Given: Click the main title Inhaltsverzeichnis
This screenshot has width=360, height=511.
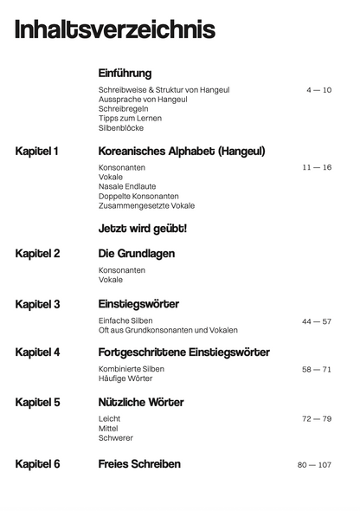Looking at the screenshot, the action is point(115,32).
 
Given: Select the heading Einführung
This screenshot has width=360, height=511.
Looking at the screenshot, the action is point(125,74).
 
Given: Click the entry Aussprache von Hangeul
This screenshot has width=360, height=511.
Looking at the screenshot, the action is point(143,100).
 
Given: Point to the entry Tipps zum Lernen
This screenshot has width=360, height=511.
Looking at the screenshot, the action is point(130,119).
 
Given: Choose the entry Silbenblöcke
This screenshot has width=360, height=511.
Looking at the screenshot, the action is point(121,128).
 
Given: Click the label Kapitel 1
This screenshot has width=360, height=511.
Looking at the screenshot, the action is point(37,152).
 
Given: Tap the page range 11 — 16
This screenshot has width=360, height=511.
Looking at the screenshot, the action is point(317,167).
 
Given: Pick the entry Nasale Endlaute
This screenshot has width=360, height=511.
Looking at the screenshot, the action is point(128,186).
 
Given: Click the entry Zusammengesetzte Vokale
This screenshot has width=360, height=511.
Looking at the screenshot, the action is point(146,205).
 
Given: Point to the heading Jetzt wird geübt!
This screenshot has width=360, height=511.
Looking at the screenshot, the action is point(143,229).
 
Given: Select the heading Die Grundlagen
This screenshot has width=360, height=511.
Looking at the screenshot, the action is point(137,254).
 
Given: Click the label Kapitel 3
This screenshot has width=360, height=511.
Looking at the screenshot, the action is point(37,304).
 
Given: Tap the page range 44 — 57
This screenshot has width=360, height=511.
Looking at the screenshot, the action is point(316,321).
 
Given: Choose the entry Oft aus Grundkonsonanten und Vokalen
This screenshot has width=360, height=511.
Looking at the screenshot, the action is point(168,330).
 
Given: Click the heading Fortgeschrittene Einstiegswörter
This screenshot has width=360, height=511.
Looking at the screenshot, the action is point(184,353).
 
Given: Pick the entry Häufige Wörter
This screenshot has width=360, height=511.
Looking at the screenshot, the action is point(125,378).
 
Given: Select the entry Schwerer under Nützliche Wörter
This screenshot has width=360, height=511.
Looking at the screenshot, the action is point(116,438).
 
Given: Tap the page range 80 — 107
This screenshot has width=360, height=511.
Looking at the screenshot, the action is point(314,465).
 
